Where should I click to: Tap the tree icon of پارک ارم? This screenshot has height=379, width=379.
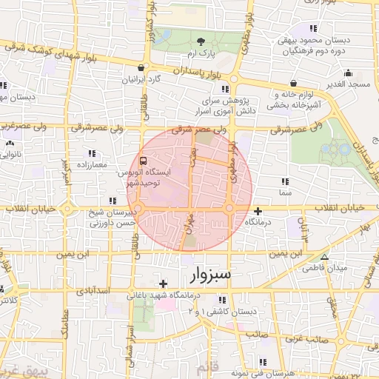pyautogui.click(x=202, y=41)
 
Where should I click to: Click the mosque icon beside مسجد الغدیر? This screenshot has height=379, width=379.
pyautogui.click(x=348, y=73)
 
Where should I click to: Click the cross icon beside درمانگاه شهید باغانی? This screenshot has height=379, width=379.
pyautogui.click(x=163, y=284)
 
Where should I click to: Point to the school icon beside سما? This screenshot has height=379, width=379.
pyautogui.click(x=284, y=181)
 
